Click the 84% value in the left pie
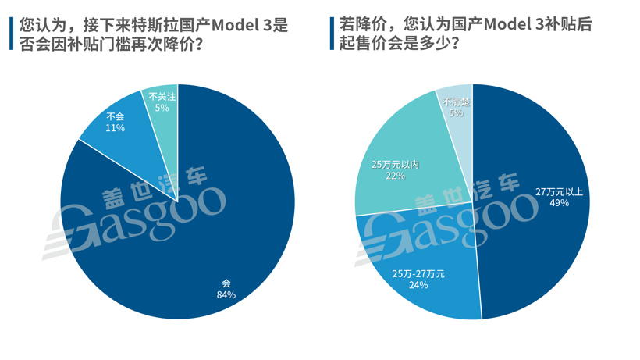tap(226, 294)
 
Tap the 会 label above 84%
tap(226, 283)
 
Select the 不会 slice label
tap(115, 116)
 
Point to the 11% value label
tap(115, 127)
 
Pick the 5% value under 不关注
tap(162, 108)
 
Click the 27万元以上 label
tap(559, 191)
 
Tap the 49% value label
tap(559, 203)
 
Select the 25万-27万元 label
tap(418, 273)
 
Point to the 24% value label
tap(418, 285)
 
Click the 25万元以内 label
tap(395, 165)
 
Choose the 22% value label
tap(395, 176)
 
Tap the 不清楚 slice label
tap(456, 102)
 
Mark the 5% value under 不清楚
tap(456, 113)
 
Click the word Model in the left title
tap(230, 25)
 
